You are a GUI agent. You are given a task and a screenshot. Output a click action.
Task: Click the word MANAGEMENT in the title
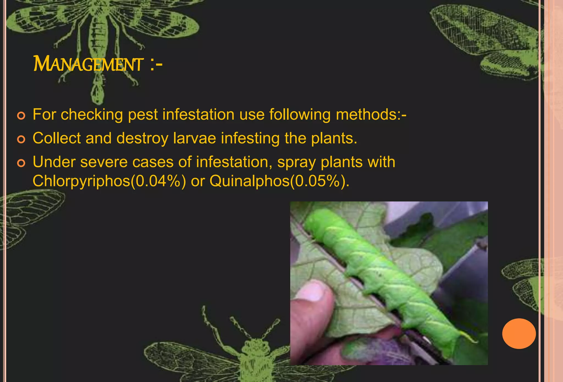click(x=88, y=64)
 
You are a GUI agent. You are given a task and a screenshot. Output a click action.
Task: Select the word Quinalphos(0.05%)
click(x=279, y=181)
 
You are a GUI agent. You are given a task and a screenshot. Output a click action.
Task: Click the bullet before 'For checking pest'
click(x=21, y=116)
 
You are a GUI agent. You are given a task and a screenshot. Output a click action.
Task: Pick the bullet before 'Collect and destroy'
click(x=21, y=139)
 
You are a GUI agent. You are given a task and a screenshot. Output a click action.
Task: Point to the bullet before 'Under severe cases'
click(x=21, y=163)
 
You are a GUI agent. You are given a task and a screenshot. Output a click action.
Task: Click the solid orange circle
click(x=519, y=334)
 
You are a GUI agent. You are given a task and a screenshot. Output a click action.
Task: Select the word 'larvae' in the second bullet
click(x=194, y=138)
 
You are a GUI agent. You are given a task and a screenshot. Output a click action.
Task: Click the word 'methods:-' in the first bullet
click(x=371, y=114)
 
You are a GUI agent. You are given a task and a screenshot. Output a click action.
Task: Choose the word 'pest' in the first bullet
click(x=143, y=115)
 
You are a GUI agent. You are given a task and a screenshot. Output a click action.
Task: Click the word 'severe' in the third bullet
click(x=104, y=162)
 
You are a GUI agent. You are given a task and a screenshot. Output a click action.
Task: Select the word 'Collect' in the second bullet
click(x=57, y=138)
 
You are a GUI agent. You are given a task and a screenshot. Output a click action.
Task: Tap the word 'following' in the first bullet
click(x=300, y=115)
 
